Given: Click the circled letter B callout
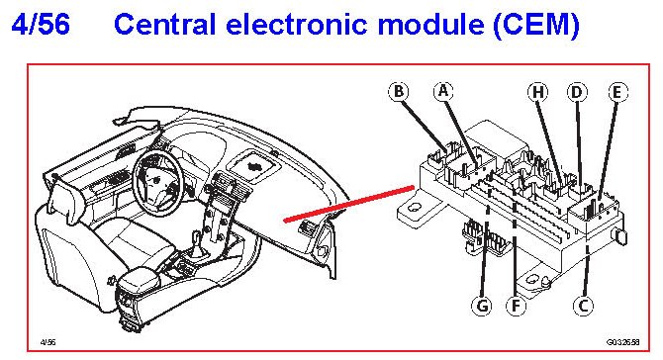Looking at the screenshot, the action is click(x=399, y=92).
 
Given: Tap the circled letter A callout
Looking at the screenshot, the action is click(x=443, y=91).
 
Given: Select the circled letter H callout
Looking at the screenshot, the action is click(x=537, y=92).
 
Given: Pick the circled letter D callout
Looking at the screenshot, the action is click(x=577, y=92).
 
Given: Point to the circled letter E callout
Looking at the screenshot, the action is click(x=617, y=92).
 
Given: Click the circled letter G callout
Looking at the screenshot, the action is click(x=482, y=305).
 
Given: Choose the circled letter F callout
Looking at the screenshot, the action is click(x=516, y=305).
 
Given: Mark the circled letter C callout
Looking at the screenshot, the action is click(x=583, y=305).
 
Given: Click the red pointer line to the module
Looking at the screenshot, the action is click(x=349, y=203).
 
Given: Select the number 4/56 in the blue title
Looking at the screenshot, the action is click(x=41, y=24).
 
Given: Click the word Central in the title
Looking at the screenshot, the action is click(x=165, y=24).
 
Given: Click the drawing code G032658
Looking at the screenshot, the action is click(x=622, y=342).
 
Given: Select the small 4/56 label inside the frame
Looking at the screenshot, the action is click(x=47, y=342).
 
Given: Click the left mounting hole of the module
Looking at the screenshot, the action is click(x=415, y=208).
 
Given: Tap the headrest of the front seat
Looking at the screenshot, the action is click(x=63, y=199).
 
